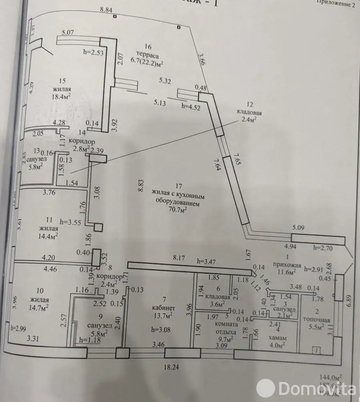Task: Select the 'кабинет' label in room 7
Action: [162, 308]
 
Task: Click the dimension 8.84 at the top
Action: [106, 9]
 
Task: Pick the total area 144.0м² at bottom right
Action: [331, 377]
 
